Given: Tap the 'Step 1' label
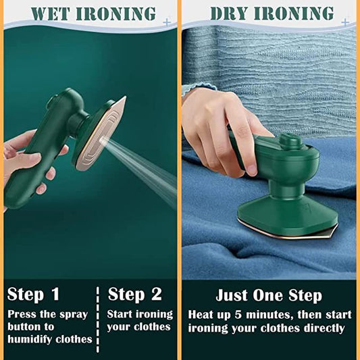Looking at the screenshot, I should (x=33, y=294).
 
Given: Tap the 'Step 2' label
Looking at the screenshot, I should (x=135, y=294).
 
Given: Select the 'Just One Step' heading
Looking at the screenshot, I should (x=269, y=295).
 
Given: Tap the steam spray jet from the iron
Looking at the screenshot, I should (x=142, y=162).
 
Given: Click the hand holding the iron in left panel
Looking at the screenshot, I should (x=24, y=155).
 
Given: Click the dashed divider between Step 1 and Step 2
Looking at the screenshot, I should (x=99, y=317).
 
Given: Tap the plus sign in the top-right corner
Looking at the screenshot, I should (x=345, y=22).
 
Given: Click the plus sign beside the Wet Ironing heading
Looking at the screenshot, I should (x=166, y=22).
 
